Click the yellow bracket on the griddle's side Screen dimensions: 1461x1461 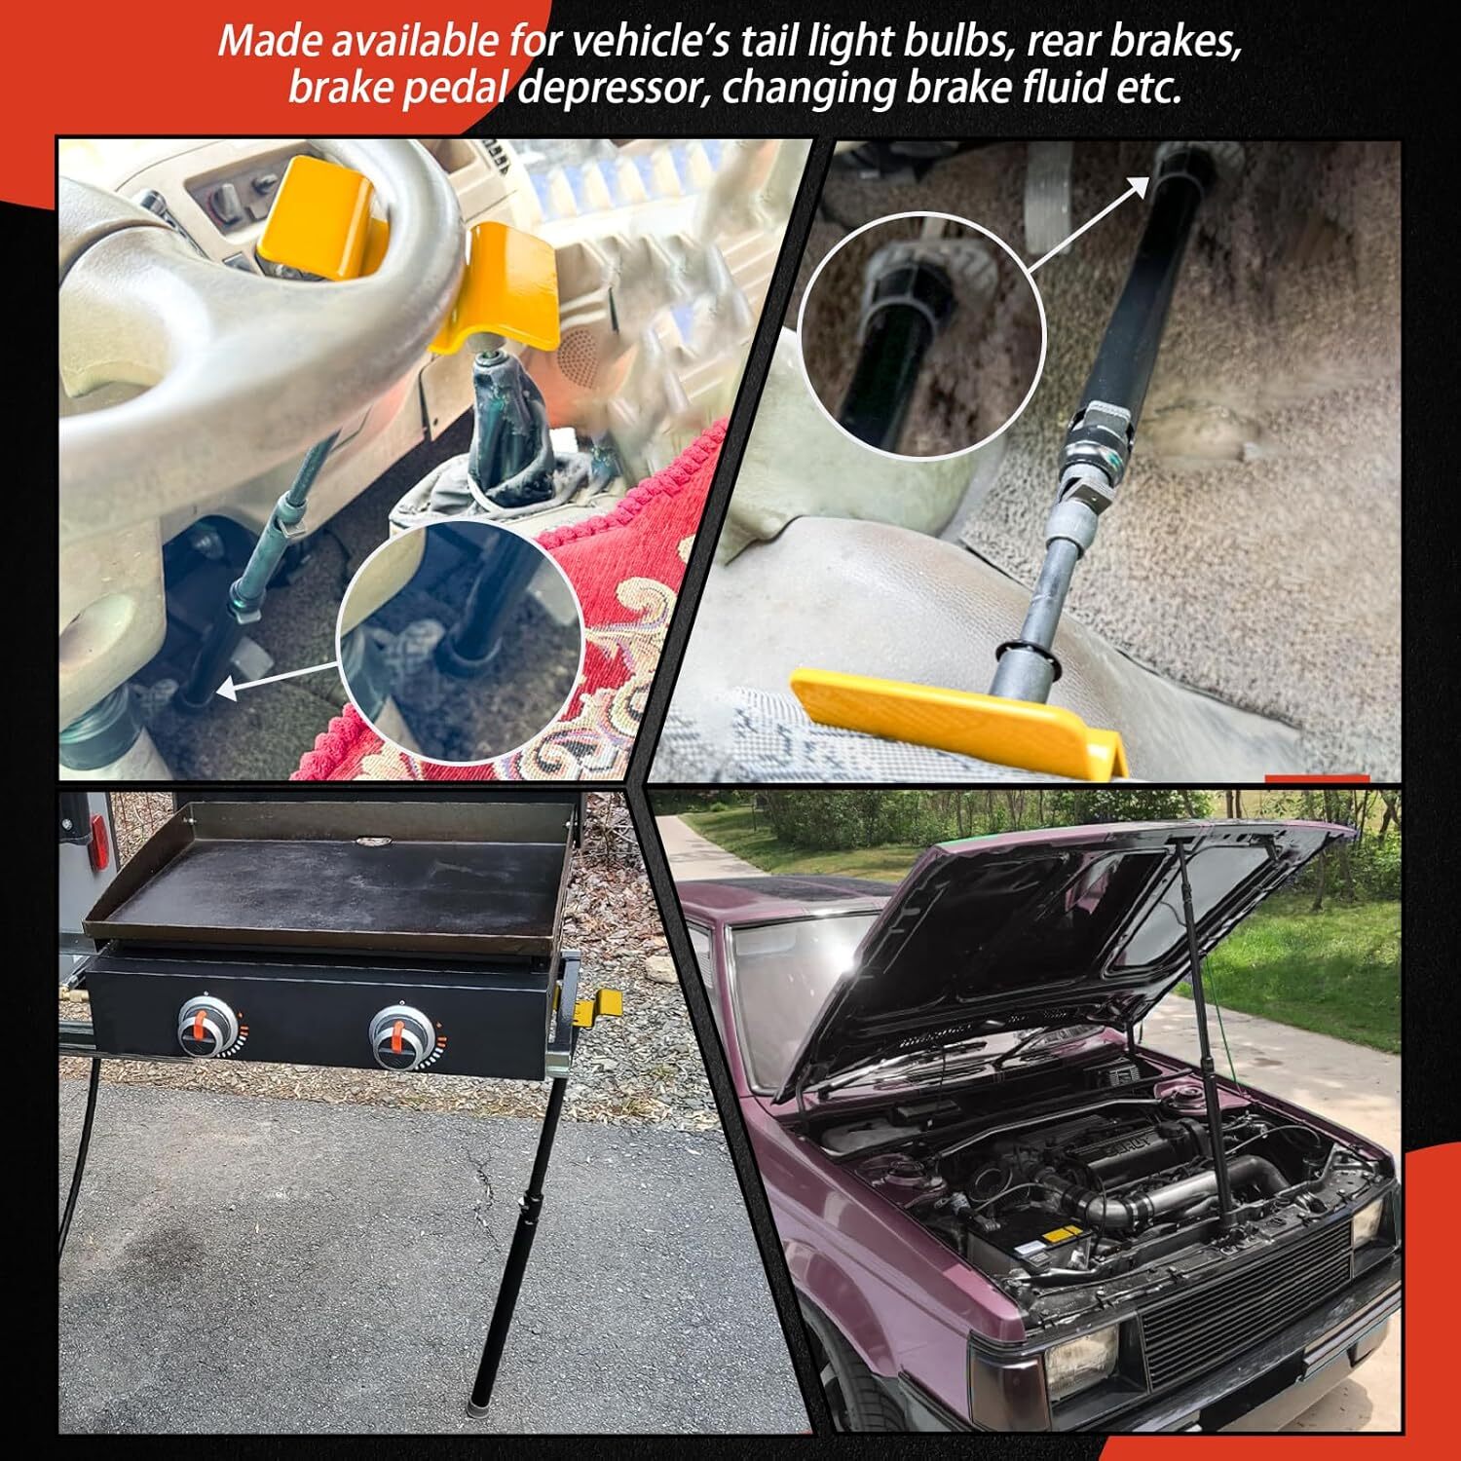(x=600, y=1006)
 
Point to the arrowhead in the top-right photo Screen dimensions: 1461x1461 (x=1139, y=188)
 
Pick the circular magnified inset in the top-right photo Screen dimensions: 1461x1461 (x=921, y=335)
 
